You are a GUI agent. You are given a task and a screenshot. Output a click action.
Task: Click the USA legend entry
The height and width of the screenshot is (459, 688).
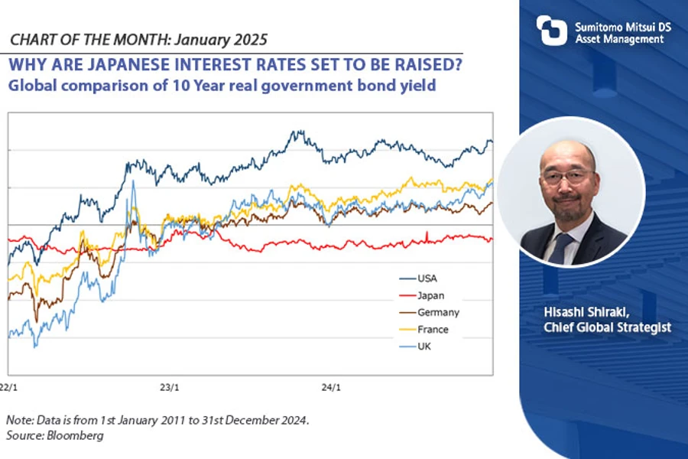(427, 278)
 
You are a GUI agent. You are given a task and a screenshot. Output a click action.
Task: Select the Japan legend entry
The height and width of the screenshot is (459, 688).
(430, 295)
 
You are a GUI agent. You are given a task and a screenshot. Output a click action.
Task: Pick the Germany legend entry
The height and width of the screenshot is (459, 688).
(438, 312)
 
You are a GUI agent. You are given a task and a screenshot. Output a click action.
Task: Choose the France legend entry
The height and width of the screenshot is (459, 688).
(433, 330)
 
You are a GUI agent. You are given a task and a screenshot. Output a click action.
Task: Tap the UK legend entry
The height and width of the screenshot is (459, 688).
(424, 347)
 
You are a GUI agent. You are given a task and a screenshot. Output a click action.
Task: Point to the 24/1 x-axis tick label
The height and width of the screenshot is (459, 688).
(332, 387)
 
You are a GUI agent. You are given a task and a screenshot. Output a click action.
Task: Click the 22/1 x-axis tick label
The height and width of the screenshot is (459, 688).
(8, 387)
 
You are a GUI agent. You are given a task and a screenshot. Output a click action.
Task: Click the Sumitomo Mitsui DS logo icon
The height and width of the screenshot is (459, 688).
(551, 31)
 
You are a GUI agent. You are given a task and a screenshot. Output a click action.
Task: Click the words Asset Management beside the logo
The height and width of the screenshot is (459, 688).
(619, 39)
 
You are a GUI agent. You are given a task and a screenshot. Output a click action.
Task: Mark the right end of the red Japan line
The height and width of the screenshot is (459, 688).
(492, 239)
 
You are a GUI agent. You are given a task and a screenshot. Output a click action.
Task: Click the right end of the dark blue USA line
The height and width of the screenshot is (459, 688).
(492, 142)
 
